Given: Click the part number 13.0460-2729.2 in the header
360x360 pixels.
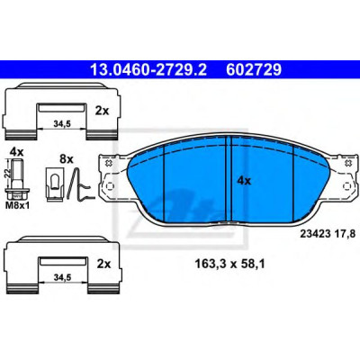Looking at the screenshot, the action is [148, 70].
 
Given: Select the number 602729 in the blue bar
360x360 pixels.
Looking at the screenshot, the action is [254, 70].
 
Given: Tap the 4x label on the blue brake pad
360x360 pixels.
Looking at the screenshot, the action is [244, 181].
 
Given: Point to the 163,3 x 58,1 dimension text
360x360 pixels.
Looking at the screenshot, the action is [229, 264].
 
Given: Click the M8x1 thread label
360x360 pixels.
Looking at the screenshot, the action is [17, 206].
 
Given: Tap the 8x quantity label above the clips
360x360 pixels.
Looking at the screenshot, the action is [67, 158].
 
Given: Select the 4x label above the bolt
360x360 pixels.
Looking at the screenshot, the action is [16, 151].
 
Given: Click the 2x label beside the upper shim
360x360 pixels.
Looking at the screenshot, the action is [102, 112].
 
